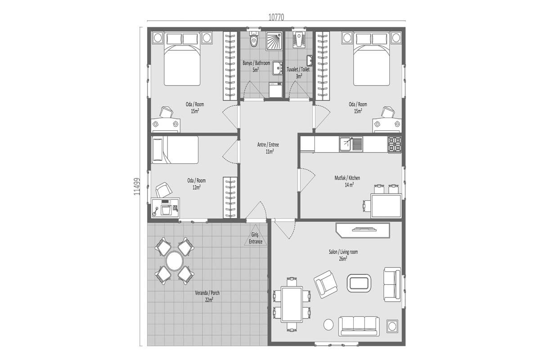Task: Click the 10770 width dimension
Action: tap(276, 18)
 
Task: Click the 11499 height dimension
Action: tap(137, 187)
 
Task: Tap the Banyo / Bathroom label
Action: tap(256, 63)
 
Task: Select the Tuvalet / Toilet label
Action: tap(298, 69)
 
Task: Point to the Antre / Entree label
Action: tap(268, 145)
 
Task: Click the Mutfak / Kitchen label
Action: tap(347, 178)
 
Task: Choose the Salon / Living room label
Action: tap(343, 252)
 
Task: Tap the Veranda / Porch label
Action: tap(207, 293)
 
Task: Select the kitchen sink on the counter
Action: tap(351, 144)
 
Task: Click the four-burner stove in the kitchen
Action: tap(395, 144)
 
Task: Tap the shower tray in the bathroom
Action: tap(274, 41)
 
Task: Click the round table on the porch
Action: tap(175, 261)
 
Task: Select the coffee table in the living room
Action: tap(359, 283)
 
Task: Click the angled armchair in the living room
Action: tap(325, 284)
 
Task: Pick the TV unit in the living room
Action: tap(363, 230)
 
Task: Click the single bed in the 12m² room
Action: tap(175, 150)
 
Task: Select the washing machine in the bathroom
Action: tap(275, 90)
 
